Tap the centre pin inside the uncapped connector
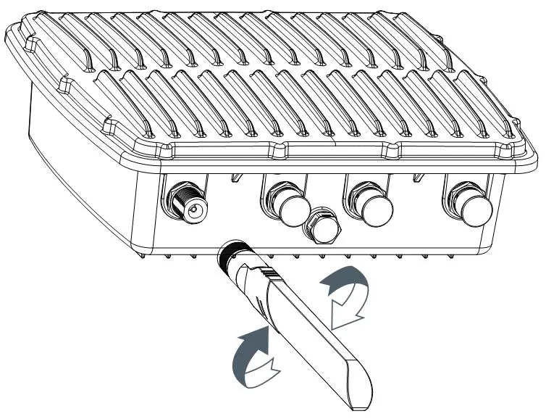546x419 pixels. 193,211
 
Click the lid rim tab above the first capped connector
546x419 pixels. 278,151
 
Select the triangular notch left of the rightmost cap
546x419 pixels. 418,175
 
